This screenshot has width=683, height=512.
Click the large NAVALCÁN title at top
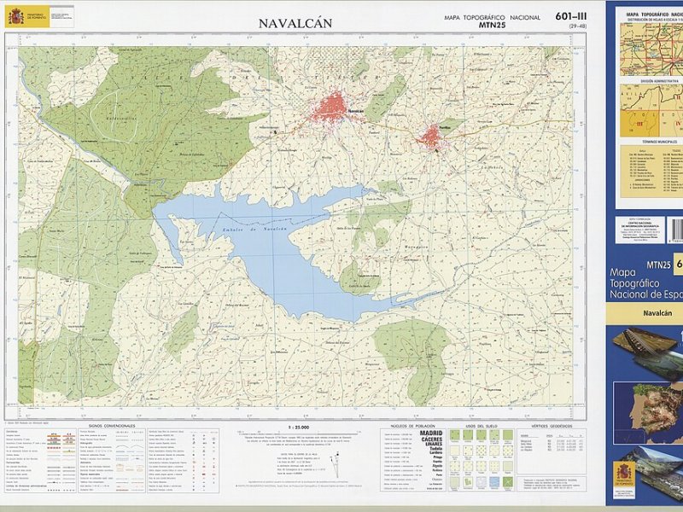point(295,23)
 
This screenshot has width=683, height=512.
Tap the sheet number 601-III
point(570,16)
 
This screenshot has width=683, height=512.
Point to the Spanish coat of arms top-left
point(15,15)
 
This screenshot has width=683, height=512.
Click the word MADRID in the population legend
point(431,433)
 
